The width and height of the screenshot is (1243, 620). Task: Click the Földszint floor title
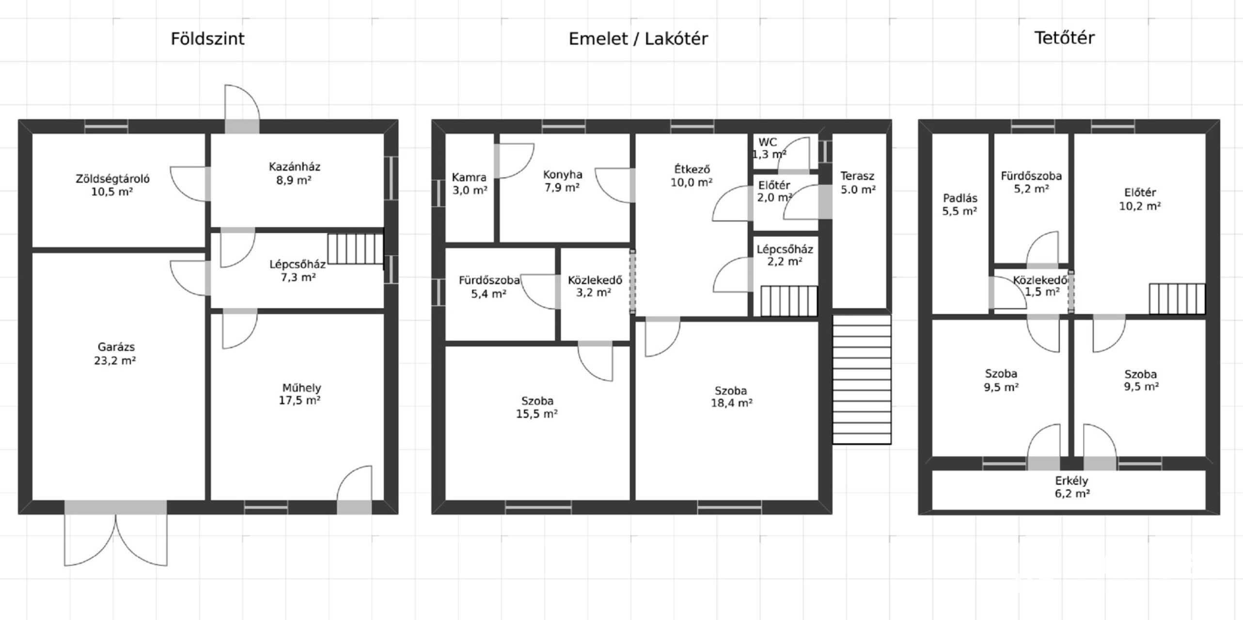click(207, 39)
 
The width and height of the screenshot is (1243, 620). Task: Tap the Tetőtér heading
click(1064, 38)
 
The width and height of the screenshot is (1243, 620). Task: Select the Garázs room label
click(115, 354)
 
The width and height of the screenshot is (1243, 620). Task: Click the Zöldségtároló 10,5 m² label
click(112, 185)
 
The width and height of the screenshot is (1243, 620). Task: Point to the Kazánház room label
click(295, 173)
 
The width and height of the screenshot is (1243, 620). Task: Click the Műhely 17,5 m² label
click(300, 394)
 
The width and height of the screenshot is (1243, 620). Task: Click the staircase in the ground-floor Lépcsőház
click(355, 249)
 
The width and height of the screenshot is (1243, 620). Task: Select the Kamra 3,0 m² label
click(470, 184)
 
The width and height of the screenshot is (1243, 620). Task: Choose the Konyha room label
click(562, 181)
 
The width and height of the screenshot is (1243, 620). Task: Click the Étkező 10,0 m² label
click(692, 176)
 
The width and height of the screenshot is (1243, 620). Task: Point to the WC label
click(768, 142)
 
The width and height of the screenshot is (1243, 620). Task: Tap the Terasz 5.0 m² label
click(858, 183)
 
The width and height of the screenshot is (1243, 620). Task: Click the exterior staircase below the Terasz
click(862, 379)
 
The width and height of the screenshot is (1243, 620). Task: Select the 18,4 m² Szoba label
click(731, 397)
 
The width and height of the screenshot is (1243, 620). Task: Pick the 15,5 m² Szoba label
click(537, 407)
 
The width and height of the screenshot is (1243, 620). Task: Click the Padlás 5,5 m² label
click(960, 204)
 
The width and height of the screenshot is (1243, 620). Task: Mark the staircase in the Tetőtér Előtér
click(1177, 298)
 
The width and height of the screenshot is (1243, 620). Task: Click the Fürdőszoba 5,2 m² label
click(1031, 182)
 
